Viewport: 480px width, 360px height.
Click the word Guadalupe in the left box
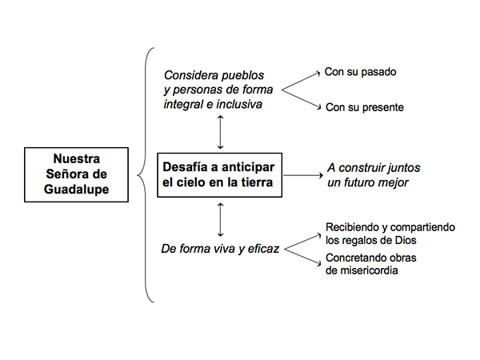tap(76, 190)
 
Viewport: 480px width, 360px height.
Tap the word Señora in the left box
tap(66, 174)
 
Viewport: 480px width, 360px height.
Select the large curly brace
tap(145, 175)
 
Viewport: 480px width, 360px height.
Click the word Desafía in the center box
tap(186, 167)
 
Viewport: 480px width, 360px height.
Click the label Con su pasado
tap(360, 72)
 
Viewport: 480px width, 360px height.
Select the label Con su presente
tap(365, 107)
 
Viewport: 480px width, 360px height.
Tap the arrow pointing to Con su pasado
tap(301, 81)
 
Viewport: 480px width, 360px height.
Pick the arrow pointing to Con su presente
tap(301, 99)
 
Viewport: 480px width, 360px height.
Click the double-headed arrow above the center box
tap(220, 132)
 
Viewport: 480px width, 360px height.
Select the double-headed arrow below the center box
tap(220, 220)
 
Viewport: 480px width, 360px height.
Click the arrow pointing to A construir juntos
tap(303, 175)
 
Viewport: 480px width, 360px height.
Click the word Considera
tap(191, 75)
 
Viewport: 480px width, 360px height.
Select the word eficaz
tap(263, 249)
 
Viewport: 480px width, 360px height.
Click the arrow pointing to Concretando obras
tap(302, 257)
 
